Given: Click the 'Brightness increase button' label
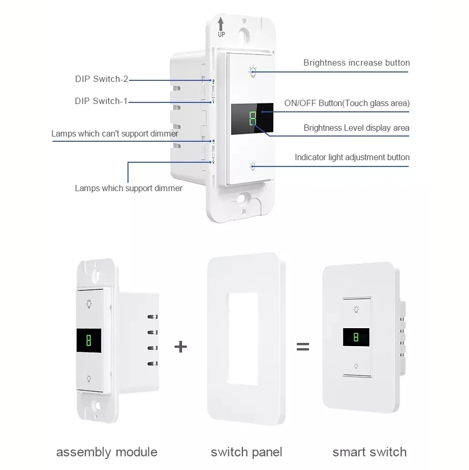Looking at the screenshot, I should pyautogui.click(x=356, y=63).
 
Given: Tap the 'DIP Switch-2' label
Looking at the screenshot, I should pyautogui.click(x=101, y=80).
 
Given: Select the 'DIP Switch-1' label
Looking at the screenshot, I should pyautogui.click(x=101, y=101).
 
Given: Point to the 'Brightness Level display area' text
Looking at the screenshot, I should pyautogui.click(x=357, y=128).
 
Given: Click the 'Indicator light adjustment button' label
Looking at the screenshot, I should pyautogui.click(x=352, y=157).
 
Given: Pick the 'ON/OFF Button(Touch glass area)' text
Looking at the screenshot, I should pyautogui.click(x=347, y=103).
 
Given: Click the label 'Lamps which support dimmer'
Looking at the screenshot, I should pyautogui.click(x=129, y=188).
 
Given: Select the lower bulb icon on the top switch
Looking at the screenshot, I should pyautogui.click(x=253, y=166).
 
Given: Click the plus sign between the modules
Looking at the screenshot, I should pyautogui.click(x=180, y=347).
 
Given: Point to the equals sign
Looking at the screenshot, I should pyautogui.click(x=303, y=347).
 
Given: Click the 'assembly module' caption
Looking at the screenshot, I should pyautogui.click(x=106, y=452).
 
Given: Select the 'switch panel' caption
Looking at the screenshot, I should pyautogui.click(x=247, y=452).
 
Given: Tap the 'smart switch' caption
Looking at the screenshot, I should pyautogui.click(x=369, y=452).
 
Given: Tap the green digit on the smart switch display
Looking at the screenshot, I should pyautogui.click(x=356, y=337).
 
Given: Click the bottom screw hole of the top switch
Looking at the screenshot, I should pyautogui.click(x=242, y=200).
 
